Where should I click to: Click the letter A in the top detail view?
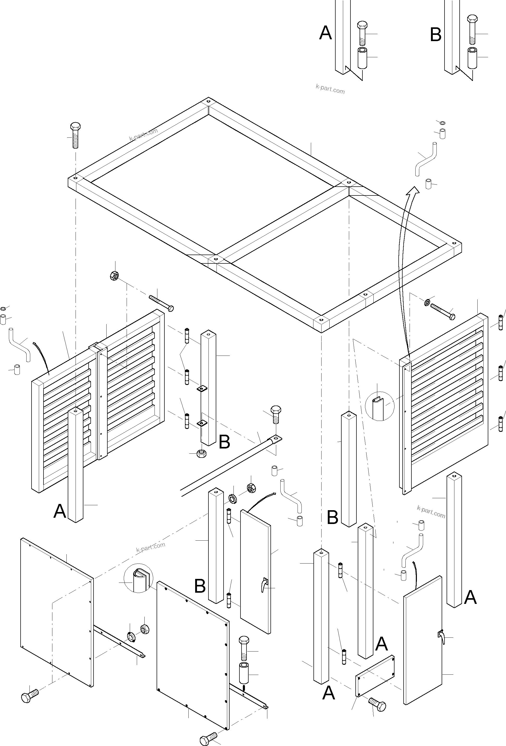(x=325, y=33)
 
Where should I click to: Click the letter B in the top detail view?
(x=436, y=35)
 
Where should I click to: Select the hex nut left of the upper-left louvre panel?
(x=114, y=275)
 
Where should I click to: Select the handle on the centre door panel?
(x=263, y=585)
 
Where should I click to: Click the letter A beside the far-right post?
(x=470, y=597)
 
